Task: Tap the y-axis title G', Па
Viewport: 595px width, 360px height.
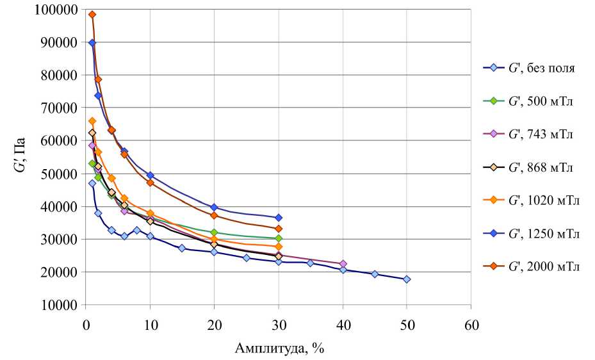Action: [21, 157]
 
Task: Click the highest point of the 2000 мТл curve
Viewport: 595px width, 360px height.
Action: [92, 14]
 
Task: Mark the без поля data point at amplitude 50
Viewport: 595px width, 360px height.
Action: [407, 279]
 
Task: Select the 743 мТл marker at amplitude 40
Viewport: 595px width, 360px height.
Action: [343, 264]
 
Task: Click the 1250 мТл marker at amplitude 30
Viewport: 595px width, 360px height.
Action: [279, 218]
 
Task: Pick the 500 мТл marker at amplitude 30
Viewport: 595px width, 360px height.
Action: [279, 238]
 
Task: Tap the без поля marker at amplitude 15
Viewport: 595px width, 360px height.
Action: [182, 248]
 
